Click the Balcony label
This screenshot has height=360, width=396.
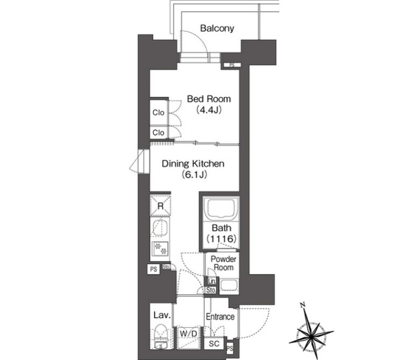tap(217, 28)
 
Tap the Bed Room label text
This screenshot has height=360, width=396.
tap(209, 99)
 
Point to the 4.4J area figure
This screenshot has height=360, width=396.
tap(209, 110)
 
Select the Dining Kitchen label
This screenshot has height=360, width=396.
tap(193, 164)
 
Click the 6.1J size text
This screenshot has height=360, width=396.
tap(194, 175)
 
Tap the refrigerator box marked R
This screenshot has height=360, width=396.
tap(160, 206)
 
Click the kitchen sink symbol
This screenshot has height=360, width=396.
tap(160, 228)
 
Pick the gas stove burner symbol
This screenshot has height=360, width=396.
tap(160, 248)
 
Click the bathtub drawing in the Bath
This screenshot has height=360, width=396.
tap(221, 209)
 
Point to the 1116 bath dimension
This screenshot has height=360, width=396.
tap(221, 239)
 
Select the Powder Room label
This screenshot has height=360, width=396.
tap(224, 263)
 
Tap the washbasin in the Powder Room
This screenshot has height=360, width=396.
tap(229, 286)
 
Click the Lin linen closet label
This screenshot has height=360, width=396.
tap(212, 281)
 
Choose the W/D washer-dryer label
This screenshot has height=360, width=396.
tap(189, 334)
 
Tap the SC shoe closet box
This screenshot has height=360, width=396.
tap(214, 343)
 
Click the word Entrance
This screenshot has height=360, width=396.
tap(220, 316)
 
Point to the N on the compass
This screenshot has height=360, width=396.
tap(303, 305)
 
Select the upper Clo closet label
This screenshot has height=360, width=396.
tap(159, 112)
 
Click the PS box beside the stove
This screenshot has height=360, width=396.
tap(154, 269)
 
